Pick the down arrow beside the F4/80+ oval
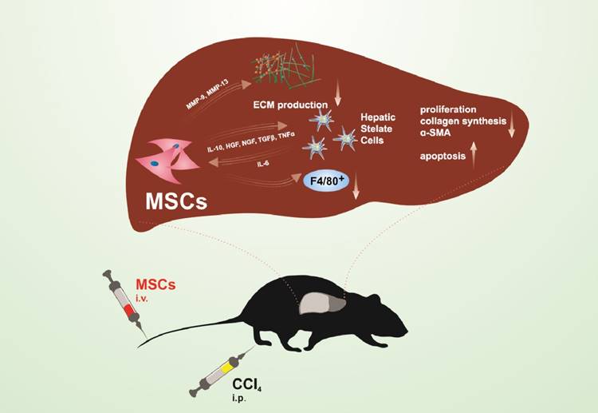point(356,189)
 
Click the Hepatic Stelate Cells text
point(384,127)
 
